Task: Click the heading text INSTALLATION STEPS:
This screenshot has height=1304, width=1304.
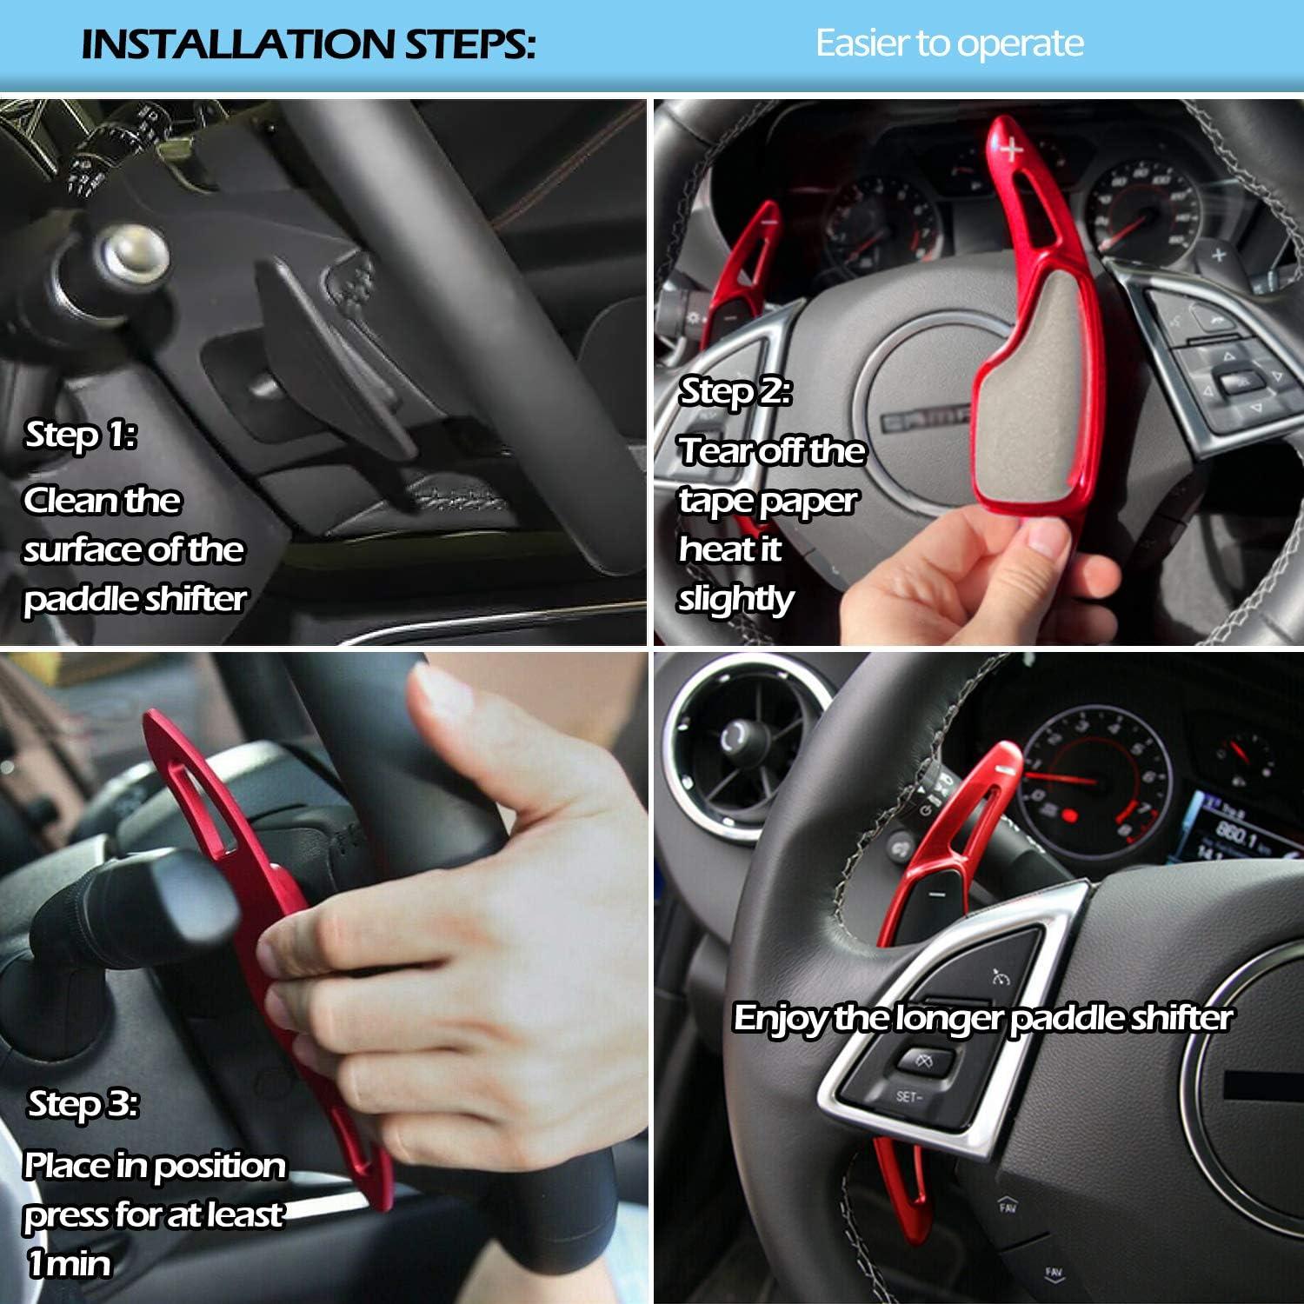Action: (308, 43)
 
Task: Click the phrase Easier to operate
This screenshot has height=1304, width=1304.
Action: (949, 43)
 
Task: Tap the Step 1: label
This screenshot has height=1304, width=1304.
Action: (80, 434)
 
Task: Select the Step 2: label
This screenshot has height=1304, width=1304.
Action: (735, 391)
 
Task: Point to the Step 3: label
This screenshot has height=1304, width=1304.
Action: (83, 1103)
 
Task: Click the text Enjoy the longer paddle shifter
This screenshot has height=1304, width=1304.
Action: (982, 1017)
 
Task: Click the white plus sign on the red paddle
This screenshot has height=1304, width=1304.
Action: (1011, 150)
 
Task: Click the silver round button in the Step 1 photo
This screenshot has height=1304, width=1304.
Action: (135, 252)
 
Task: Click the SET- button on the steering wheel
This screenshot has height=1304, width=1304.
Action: (908, 1096)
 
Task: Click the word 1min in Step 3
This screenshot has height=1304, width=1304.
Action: (70, 1262)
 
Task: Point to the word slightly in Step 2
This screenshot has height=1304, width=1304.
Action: (735, 598)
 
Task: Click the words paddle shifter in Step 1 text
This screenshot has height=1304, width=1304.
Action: (135, 598)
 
